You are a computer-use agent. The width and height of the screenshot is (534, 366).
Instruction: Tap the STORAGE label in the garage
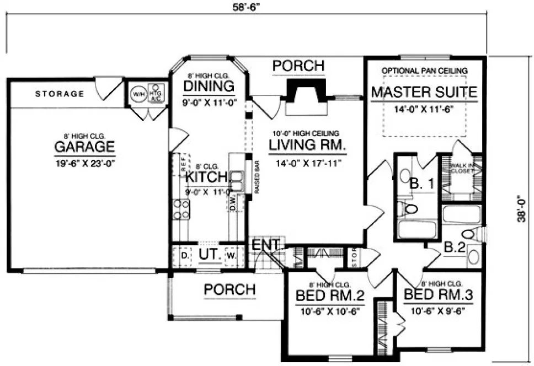pyautogui.click(x=60, y=94)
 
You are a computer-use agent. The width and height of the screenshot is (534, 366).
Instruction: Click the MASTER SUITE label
pyautogui.click(x=424, y=91)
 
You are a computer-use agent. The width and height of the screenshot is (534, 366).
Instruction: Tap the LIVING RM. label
pyautogui.click(x=307, y=146)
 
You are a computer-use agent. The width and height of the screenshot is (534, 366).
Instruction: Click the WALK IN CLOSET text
pyautogui.click(x=462, y=168)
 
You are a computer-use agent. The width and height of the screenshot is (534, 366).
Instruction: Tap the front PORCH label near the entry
pyautogui.click(x=229, y=289)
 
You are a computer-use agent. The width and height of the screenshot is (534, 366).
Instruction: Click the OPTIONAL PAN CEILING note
pyautogui.click(x=424, y=71)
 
